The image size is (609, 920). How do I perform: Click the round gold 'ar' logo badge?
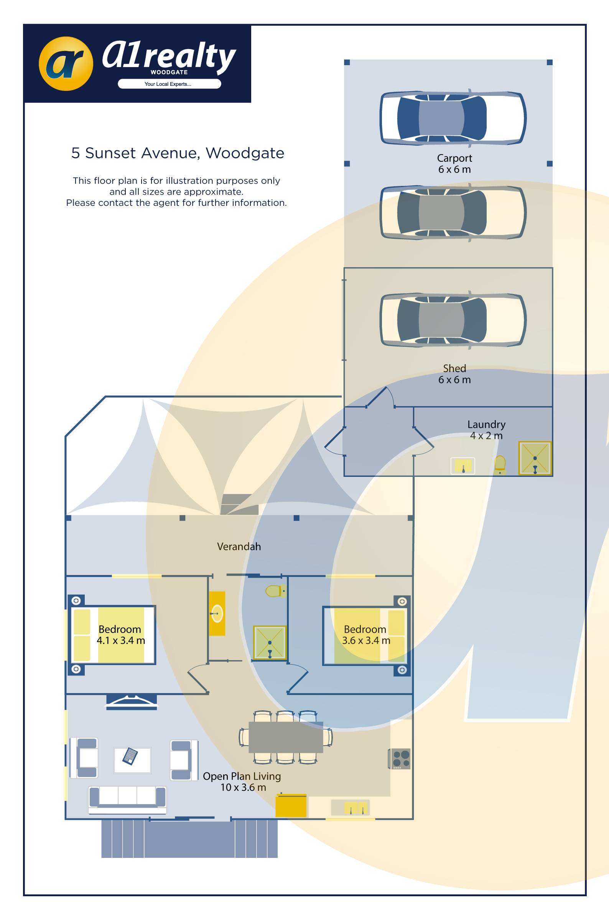click(x=66, y=64)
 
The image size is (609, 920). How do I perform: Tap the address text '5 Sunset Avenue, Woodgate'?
click(x=178, y=153)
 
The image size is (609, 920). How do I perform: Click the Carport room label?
click(x=454, y=158)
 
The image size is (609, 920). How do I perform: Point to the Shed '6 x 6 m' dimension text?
click(x=454, y=379)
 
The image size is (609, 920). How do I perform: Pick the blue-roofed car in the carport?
click(x=453, y=118)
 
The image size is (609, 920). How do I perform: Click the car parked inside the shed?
click(x=453, y=320)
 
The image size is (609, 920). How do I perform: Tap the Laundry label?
click(x=486, y=424)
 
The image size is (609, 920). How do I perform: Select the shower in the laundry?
click(x=535, y=458)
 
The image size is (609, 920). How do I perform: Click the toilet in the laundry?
click(x=500, y=464)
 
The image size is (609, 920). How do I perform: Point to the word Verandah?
click(x=239, y=547)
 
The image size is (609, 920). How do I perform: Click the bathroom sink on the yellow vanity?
click(x=217, y=613)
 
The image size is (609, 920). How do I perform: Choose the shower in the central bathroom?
click(x=270, y=642)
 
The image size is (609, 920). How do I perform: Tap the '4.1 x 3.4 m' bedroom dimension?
click(x=121, y=641)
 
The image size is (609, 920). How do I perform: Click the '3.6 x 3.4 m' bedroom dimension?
click(x=366, y=641)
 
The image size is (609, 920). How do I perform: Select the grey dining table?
click(x=285, y=737)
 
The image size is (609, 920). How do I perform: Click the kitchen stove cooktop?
click(x=400, y=759)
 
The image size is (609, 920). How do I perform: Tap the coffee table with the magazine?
click(x=132, y=760)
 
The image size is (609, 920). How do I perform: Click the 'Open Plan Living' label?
click(x=242, y=776)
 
